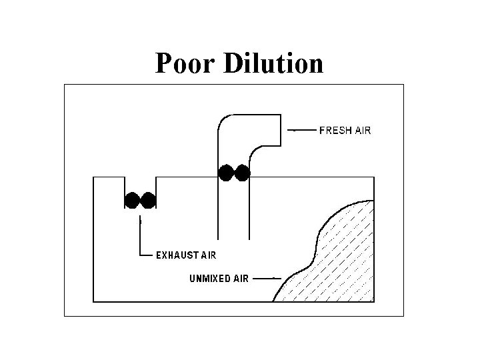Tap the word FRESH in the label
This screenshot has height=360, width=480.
tap(337, 131)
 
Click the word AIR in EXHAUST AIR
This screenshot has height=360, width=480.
tap(206, 254)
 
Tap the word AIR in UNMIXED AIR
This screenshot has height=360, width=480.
tap(240, 279)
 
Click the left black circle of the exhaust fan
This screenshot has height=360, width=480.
tap(133, 199)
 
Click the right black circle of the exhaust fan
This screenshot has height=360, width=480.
tap(148, 199)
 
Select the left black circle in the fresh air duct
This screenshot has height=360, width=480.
tap(227, 173)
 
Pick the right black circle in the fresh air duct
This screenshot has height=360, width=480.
tap(242, 173)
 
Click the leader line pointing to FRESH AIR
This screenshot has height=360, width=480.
tap(303, 131)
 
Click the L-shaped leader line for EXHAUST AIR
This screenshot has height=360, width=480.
tap(141, 240)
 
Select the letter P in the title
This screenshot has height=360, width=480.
tap(163, 64)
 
